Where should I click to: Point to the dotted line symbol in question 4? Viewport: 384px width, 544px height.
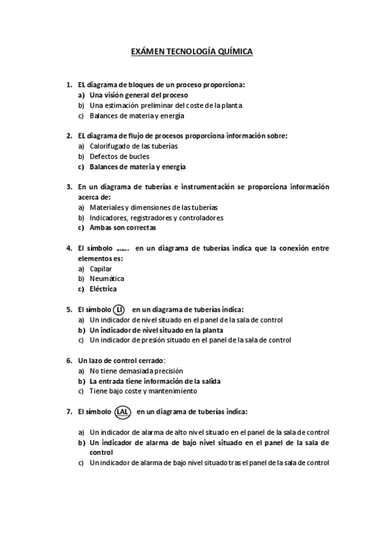123,249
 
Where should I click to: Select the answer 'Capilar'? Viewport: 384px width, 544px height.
101,269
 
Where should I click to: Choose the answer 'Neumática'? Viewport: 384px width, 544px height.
106,278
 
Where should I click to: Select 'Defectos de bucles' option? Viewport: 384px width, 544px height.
119,157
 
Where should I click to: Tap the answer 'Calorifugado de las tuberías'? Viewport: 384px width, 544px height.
133,146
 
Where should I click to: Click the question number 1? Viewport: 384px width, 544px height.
69,85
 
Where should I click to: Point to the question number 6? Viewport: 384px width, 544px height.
69,360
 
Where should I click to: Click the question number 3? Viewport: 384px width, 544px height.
69,187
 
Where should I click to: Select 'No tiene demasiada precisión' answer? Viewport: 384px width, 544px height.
136,370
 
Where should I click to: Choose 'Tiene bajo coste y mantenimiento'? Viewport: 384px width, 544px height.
143,391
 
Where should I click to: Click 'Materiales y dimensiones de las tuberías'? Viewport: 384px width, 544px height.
153,207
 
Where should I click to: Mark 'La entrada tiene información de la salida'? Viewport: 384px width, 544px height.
154,380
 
